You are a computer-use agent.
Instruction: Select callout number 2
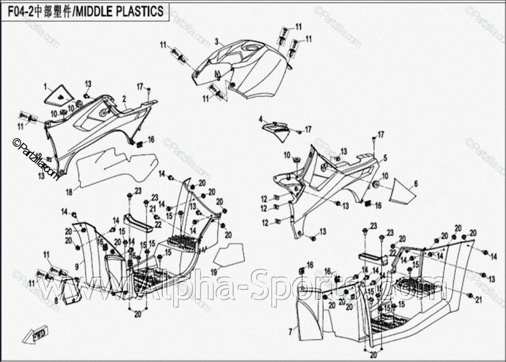124,99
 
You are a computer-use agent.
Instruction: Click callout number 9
77,266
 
